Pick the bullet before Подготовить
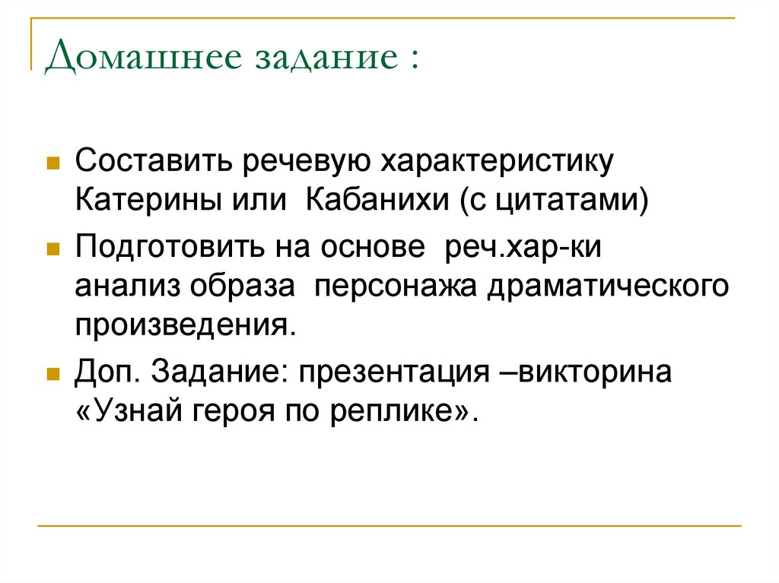[53, 249]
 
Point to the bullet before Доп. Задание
[53, 375]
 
